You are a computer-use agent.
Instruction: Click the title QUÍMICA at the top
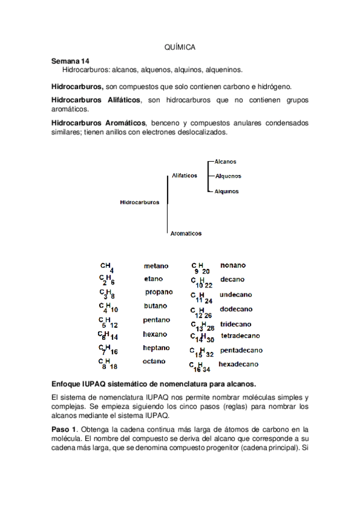pyautogui.click(x=180, y=47)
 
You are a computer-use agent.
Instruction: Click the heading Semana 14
pyautogui.click(x=70, y=61)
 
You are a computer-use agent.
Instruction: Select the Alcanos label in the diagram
pyautogui.click(x=225, y=161)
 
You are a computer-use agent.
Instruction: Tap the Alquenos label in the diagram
pyautogui.click(x=228, y=176)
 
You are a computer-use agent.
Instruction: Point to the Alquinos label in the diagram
pyautogui.click(x=227, y=191)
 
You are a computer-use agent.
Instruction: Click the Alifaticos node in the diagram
pyautogui.click(x=185, y=176)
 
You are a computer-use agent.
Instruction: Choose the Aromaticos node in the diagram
pyautogui.click(x=186, y=233)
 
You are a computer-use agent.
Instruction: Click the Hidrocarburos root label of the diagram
pyautogui.click(x=139, y=203)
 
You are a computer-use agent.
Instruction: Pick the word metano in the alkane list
pyautogui.click(x=156, y=266)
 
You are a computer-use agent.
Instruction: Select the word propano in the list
pyautogui.click(x=159, y=292)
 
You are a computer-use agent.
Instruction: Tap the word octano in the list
pyautogui.click(x=154, y=361)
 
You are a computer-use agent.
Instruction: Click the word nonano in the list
pyautogui.click(x=233, y=265)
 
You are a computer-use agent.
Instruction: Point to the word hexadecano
pyautogui.click(x=239, y=364)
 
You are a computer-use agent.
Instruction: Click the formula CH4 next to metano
pyautogui.click(x=107, y=266)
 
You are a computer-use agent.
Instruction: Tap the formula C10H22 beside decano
pyautogui.click(x=201, y=281)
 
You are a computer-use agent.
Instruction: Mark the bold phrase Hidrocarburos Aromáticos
pyautogui.click(x=99, y=123)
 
